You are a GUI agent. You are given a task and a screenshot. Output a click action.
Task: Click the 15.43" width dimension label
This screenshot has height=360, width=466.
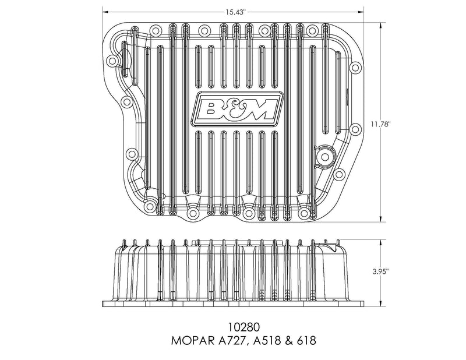tap(235, 12)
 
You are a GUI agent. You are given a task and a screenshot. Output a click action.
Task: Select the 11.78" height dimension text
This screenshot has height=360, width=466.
tap(380, 124)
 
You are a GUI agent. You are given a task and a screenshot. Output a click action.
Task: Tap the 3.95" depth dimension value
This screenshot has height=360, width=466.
tap(380, 271)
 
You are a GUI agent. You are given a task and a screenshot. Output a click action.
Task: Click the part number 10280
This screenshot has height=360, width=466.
tap(243, 327)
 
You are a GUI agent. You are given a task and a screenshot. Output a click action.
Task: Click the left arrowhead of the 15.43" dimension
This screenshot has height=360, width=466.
tap(105, 12)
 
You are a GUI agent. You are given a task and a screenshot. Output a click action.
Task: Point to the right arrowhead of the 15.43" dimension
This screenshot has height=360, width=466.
tap(361, 12)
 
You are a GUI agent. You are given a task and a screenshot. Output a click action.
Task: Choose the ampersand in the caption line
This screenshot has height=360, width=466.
tap(288, 341)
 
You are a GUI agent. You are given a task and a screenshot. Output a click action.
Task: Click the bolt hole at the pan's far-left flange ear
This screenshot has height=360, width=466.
tap(112, 61)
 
